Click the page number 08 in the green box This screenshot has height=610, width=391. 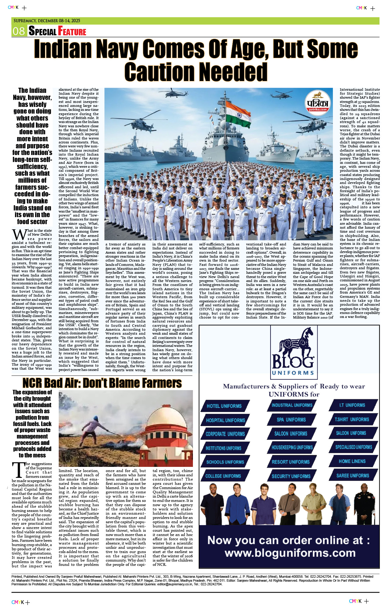[x=19, y=31]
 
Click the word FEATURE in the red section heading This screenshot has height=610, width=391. [x=72, y=31]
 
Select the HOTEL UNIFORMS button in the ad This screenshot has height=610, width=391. [x=224, y=406]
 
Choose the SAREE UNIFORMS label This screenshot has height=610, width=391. [x=353, y=475]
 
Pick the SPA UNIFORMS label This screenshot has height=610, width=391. [x=291, y=420]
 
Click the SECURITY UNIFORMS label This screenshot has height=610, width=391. [x=291, y=476]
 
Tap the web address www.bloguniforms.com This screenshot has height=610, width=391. [x=290, y=553]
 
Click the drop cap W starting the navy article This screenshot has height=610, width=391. [x=19, y=235]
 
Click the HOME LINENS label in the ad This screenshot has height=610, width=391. [x=352, y=461]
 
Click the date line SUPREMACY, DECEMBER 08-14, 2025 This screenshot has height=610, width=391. [x=47, y=21]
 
